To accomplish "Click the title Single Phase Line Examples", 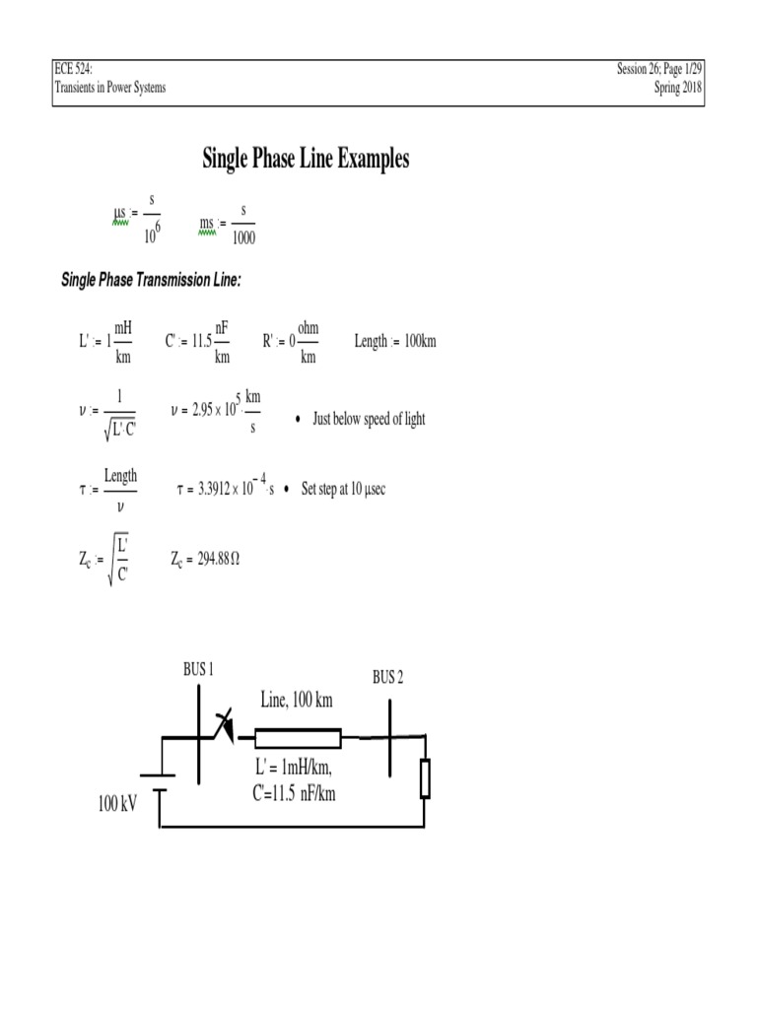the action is coord(306,159).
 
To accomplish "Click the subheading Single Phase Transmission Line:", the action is coord(151,281).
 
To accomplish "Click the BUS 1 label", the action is coord(198,669).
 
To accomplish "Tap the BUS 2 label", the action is coord(387,677).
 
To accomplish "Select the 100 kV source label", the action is coord(116,804).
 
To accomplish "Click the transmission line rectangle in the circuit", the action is coord(298,738).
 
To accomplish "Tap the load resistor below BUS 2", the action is coord(425,777).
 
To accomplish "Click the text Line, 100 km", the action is coord(296,701).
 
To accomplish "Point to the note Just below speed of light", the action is coord(369,419).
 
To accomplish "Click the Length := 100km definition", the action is coord(394,342).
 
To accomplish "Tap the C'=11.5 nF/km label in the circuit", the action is coord(295,792).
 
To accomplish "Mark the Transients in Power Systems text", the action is coord(110,88).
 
